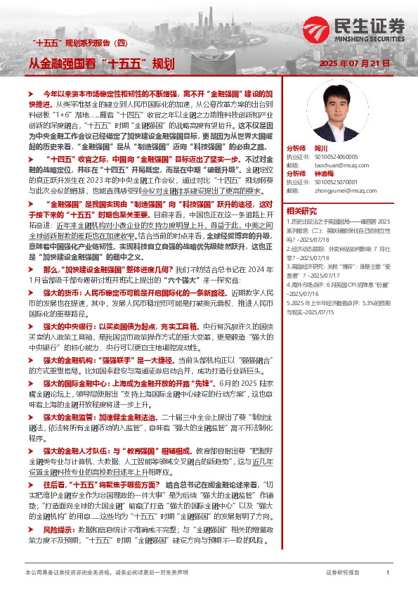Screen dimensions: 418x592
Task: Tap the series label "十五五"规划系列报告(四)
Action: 72,43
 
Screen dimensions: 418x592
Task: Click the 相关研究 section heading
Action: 301,210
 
